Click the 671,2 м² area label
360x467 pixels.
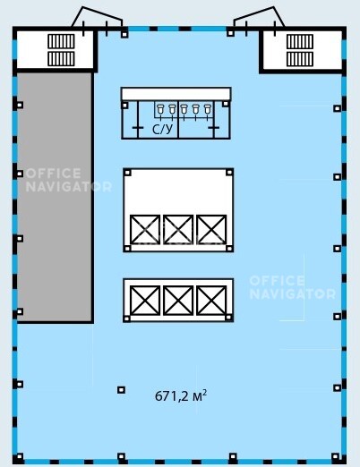181,396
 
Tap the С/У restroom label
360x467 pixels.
163,129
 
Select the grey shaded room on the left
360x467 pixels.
55,198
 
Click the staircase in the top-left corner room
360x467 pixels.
61,50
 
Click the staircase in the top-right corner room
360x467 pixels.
300,50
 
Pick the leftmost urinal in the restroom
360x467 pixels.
161,109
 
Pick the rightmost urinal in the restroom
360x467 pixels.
208,109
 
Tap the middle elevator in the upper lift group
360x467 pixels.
178,230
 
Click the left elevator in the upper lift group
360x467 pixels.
145,230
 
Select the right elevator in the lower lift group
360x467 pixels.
211,301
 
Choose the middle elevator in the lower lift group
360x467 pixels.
178,301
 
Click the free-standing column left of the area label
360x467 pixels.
121,390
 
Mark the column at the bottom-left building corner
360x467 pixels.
20,456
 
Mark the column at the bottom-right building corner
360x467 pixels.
336,456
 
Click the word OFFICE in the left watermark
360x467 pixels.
54,174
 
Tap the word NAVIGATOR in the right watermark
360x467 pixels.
293,294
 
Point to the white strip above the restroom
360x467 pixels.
176,94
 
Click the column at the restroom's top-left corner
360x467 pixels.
125,106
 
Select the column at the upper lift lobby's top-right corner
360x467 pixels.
229,172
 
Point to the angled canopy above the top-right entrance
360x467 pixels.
259,17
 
